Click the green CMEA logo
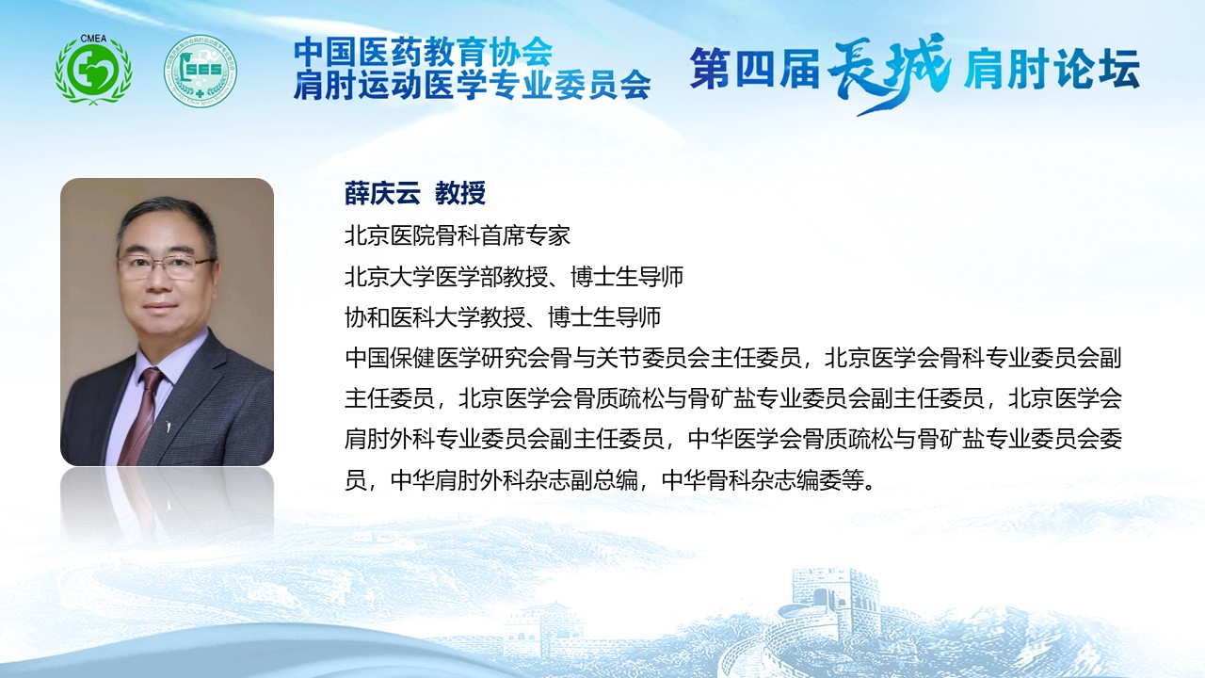pos(93,70)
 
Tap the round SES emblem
pos(201,71)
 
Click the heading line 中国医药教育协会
pos(424,52)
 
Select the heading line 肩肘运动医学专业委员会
pos(473,85)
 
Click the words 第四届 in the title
pos(755,69)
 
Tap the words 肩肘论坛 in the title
pos(1052,69)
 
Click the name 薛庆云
pos(382,193)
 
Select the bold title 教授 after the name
pos(460,193)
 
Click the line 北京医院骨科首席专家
pos(458,235)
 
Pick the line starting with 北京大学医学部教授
pos(514,277)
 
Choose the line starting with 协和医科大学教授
pos(503,317)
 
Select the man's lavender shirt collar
pos(161,358)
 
